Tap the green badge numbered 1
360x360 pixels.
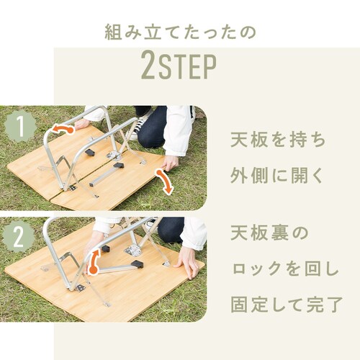click(20, 126)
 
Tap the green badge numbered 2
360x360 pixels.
click(19, 237)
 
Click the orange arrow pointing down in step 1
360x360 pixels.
click(165, 181)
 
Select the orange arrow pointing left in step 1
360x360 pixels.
click(63, 129)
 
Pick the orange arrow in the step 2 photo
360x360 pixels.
click(94, 261)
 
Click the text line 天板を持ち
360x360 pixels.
click(278, 140)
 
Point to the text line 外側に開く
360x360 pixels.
click(276, 176)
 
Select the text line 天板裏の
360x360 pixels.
click(269, 233)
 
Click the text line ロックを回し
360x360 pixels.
click(285, 269)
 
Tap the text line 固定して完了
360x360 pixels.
click(287, 305)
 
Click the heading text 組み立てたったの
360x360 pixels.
click(180, 32)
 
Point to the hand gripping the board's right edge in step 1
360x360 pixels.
click(170, 163)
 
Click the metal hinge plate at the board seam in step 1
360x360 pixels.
click(113, 156)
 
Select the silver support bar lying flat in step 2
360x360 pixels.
click(116, 269)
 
